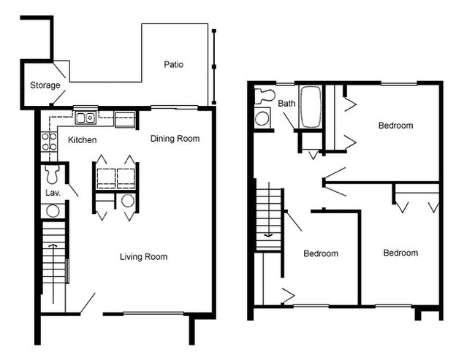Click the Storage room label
(x=45, y=85)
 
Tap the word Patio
(x=174, y=64)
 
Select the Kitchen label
(x=83, y=139)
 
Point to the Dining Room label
(x=175, y=139)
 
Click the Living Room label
(x=144, y=256)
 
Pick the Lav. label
(x=52, y=193)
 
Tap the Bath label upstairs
(x=286, y=104)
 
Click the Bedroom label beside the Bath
(x=395, y=126)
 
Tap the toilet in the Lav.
(x=52, y=175)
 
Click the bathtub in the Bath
(x=311, y=107)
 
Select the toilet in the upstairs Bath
(x=263, y=94)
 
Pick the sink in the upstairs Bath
(x=261, y=119)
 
